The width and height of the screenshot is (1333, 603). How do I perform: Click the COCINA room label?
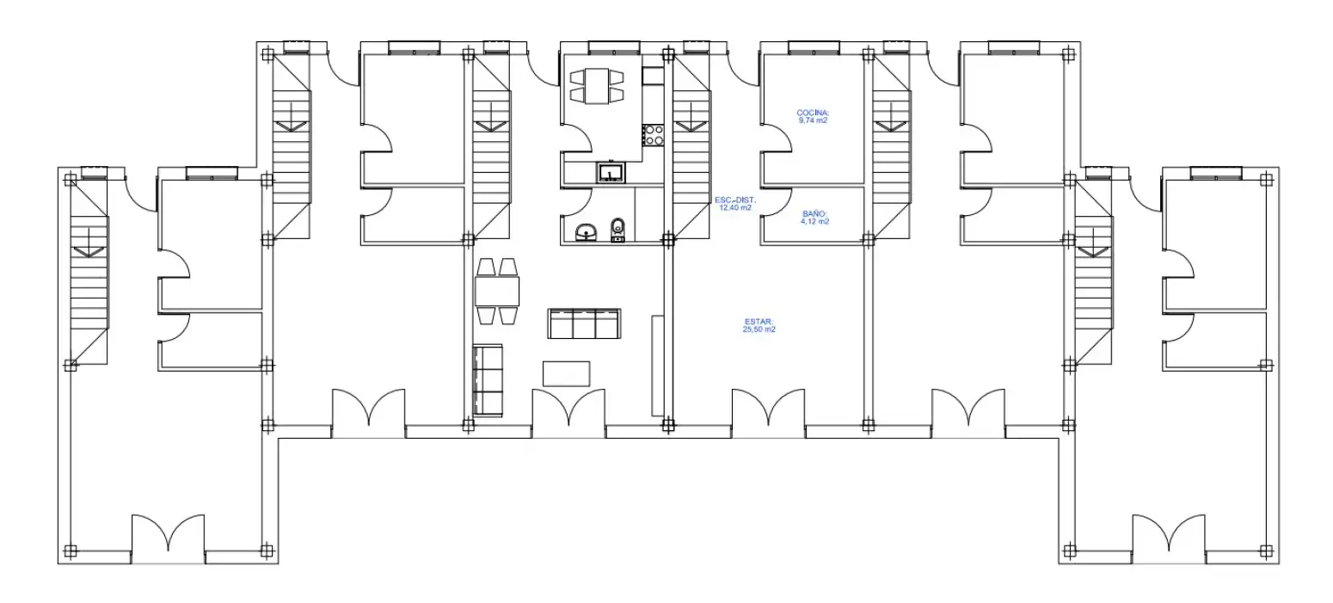click(813, 113)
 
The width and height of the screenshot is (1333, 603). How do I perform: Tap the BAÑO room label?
click(814, 213)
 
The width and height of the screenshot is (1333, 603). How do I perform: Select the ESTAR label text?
click(759, 322)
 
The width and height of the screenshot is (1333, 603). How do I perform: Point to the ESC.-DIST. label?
click(735, 200)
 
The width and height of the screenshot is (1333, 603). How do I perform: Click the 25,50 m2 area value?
click(759, 329)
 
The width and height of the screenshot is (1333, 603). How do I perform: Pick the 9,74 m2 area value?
click(813, 120)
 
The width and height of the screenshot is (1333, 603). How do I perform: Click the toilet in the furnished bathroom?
click(617, 231)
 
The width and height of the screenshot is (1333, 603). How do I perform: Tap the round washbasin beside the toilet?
click(587, 232)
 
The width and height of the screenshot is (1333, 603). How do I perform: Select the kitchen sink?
click(611, 173)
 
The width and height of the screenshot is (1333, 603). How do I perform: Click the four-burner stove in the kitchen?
click(653, 135)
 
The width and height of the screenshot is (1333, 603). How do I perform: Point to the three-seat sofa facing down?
click(585, 323)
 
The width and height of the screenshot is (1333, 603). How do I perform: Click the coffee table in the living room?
click(567, 374)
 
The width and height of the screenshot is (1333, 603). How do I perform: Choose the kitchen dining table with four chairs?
click(597, 86)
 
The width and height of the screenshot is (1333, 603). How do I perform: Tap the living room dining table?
click(497, 292)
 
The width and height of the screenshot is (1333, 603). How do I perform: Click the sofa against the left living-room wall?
click(488, 379)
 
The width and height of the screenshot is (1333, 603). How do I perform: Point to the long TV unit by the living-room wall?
click(658, 366)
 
